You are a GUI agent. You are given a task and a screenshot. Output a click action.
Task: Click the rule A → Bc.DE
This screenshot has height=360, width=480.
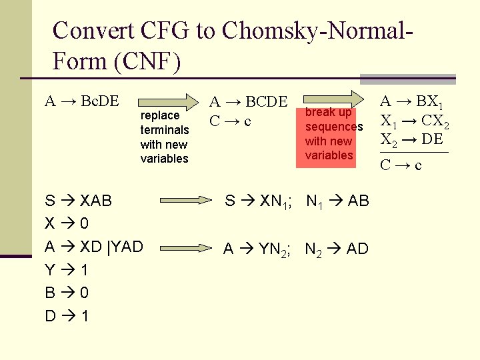[81, 102]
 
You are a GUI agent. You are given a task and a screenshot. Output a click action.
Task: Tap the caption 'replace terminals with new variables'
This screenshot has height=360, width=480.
[164, 137]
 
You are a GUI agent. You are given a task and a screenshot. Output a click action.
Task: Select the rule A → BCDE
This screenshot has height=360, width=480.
[248, 102]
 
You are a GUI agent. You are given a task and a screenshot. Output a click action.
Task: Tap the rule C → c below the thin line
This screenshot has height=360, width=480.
[401, 165]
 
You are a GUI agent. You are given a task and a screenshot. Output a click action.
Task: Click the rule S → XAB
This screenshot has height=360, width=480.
[79, 200]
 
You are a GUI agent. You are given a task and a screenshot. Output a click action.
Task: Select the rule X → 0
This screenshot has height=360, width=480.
[66, 223]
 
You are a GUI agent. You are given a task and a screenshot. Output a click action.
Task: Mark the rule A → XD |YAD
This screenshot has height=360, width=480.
[93, 247]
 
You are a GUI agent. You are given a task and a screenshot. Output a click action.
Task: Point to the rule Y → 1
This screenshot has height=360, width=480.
[66, 270]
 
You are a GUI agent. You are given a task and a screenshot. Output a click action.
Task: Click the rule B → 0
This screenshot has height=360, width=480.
[66, 293]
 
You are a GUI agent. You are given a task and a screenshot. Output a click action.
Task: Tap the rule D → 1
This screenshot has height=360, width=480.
[66, 316]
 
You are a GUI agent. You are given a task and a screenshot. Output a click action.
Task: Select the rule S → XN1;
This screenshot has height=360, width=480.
[261, 201]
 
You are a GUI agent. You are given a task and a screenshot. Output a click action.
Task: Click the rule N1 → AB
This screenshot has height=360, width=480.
[338, 201]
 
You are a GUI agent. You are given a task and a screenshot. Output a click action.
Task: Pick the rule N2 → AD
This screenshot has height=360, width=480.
[337, 249]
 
